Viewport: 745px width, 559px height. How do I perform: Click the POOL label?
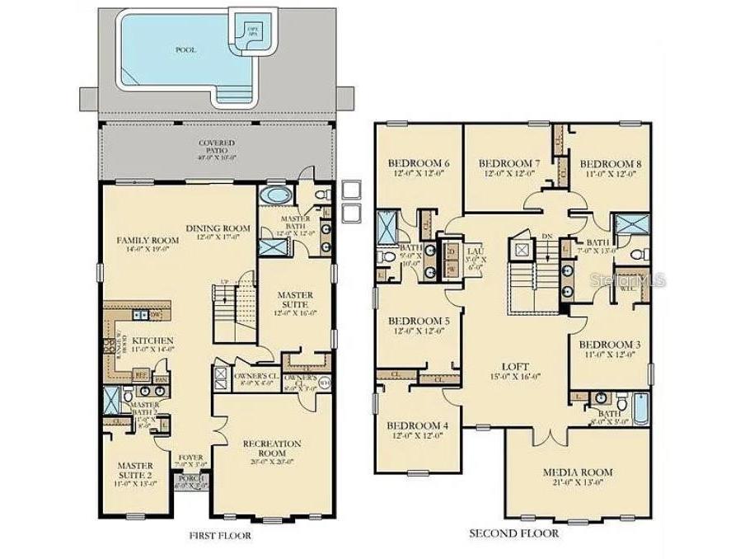click(185, 49)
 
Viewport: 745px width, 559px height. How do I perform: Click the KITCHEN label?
click(152, 340)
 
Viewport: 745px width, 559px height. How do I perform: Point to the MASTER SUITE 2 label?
click(134, 470)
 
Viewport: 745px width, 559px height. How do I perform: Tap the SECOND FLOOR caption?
click(513, 533)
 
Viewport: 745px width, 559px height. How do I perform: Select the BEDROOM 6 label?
click(418, 162)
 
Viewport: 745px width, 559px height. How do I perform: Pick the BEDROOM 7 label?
click(508, 163)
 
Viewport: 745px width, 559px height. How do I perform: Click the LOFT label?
click(514, 367)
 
